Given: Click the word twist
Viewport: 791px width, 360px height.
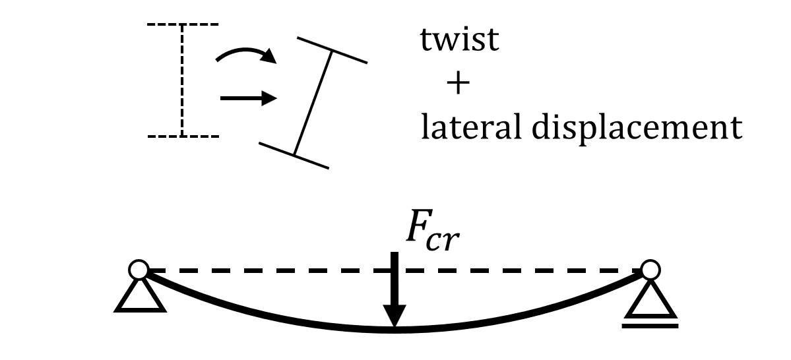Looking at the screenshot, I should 460,42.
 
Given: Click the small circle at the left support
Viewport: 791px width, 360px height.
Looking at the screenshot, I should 139,269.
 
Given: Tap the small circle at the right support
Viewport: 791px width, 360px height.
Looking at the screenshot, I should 650,269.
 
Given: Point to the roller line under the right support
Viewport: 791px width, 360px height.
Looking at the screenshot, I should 650,324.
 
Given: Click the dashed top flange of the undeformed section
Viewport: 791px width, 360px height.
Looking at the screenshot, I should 182,25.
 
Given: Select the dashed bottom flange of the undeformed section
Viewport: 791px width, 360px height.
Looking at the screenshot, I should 182,136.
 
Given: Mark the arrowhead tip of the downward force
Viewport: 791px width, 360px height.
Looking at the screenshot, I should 394,326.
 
